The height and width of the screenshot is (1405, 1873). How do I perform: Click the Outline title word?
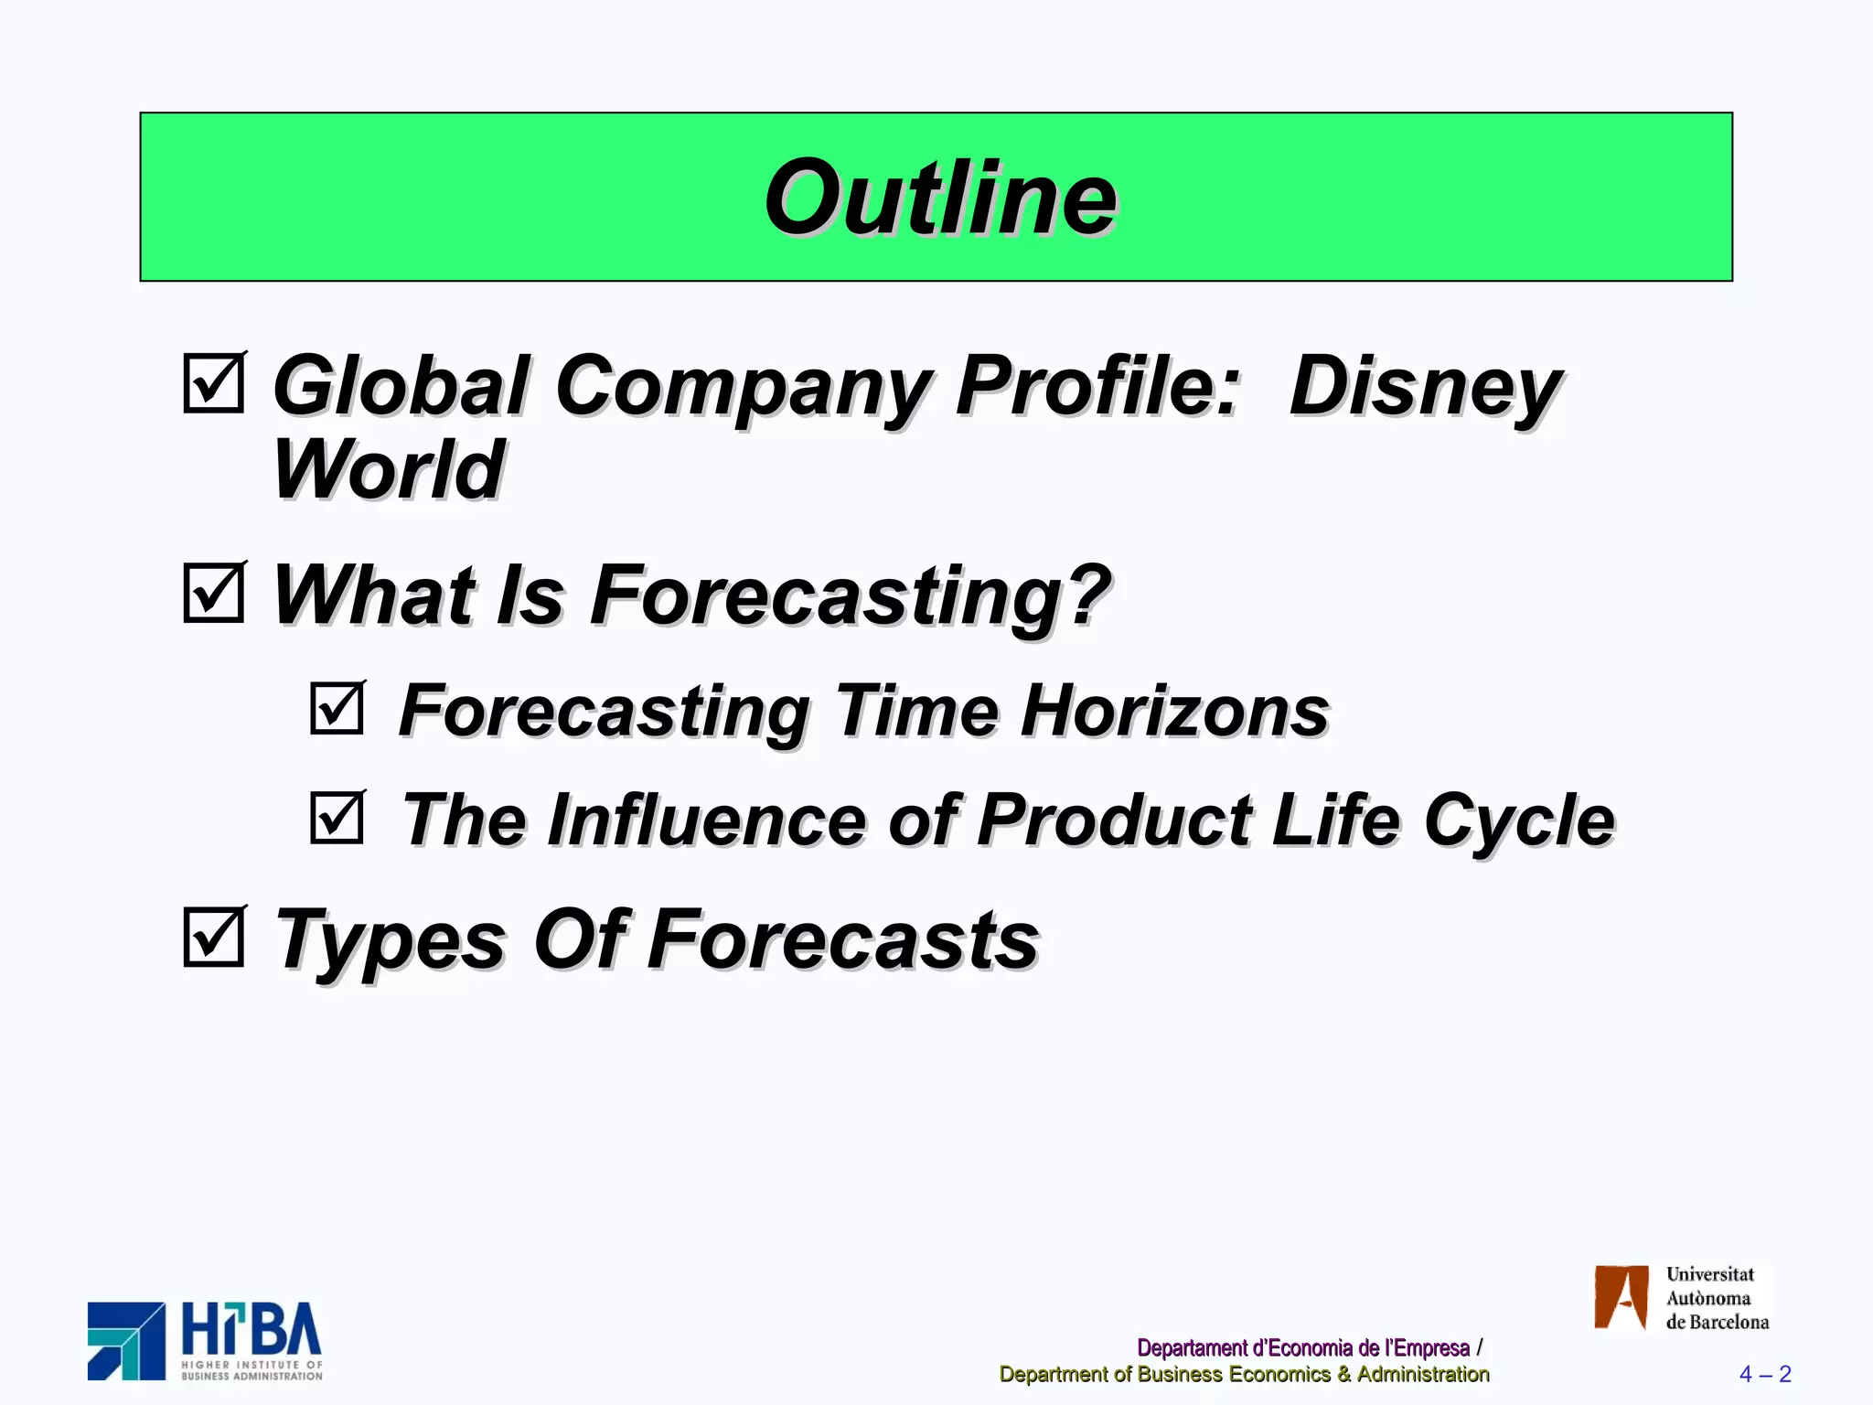(x=939, y=198)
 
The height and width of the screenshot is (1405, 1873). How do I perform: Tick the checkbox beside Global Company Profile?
(x=213, y=384)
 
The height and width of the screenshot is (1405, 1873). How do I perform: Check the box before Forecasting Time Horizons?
(x=337, y=708)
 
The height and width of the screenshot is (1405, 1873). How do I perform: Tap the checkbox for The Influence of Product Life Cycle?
(x=337, y=818)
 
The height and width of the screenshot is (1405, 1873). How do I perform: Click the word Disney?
(x=1425, y=388)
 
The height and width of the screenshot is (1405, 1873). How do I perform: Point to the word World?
(x=389, y=470)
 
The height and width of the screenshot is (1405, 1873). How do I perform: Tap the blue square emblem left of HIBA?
(x=126, y=1341)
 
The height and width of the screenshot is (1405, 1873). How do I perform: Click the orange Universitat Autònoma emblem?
(x=1621, y=1297)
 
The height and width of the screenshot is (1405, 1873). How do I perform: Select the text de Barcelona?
(x=1717, y=1323)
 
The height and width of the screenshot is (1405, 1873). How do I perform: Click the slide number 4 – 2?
(x=1765, y=1374)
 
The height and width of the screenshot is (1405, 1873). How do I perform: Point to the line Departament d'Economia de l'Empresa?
(x=1303, y=1348)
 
